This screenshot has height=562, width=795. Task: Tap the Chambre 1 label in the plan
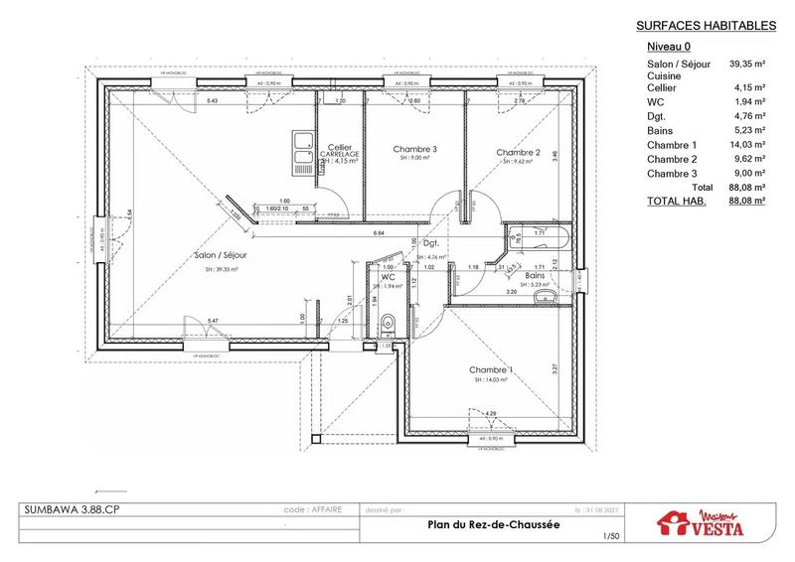(x=491, y=370)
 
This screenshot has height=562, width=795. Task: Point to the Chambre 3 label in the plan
(x=414, y=150)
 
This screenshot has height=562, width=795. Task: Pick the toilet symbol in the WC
(x=389, y=320)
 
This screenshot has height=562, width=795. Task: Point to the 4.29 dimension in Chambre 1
(x=490, y=411)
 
